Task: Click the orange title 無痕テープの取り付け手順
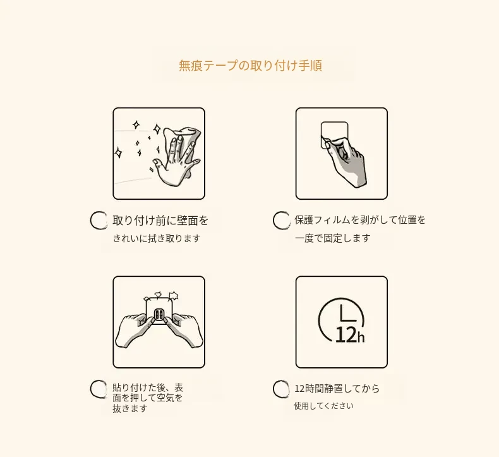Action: (x=250, y=65)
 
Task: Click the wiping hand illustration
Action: (x=177, y=156)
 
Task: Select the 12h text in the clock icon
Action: (x=350, y=335)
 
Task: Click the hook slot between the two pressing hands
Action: (x=159, y=315)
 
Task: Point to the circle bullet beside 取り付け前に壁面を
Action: (x=99, y=221)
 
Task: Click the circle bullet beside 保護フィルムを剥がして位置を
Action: (x=281, y=221)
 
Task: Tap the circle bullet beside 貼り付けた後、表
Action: (x=99, y=389)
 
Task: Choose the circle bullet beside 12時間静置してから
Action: (x=281, y=389)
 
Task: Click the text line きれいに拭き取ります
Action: (x=157, y=238)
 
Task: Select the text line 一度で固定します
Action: (x=332, y=238)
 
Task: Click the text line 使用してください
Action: (x=323, y=406)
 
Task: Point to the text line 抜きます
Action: (x=130, y=408)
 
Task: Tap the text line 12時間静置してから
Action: (x=337, y=389)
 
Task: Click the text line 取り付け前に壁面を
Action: (x=160, y=221)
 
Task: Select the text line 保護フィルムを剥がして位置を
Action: (x=360, y=220)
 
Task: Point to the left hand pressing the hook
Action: (x=134, y=329)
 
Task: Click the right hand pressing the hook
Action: (x=184, y=329)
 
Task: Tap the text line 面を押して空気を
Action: (x=148, y=398)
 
